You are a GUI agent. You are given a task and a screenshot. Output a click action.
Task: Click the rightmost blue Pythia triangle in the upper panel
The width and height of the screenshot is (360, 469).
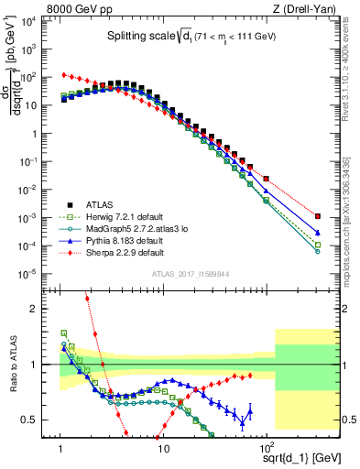click(317, 233)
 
